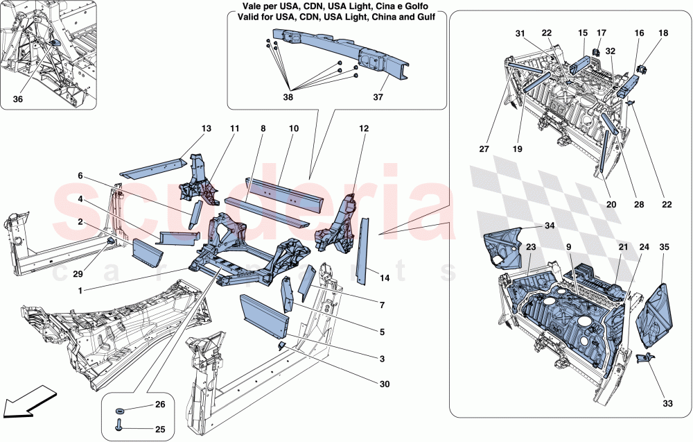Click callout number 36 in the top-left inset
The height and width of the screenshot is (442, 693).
click(x=17, y=99)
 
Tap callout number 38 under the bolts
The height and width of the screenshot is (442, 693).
click(x=288, y=98)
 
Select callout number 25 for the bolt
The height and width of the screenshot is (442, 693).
click(x=161, y=430)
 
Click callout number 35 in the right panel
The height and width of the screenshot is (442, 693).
click(x=664, y=246)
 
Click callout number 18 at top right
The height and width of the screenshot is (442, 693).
click(x=663, y=33)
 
